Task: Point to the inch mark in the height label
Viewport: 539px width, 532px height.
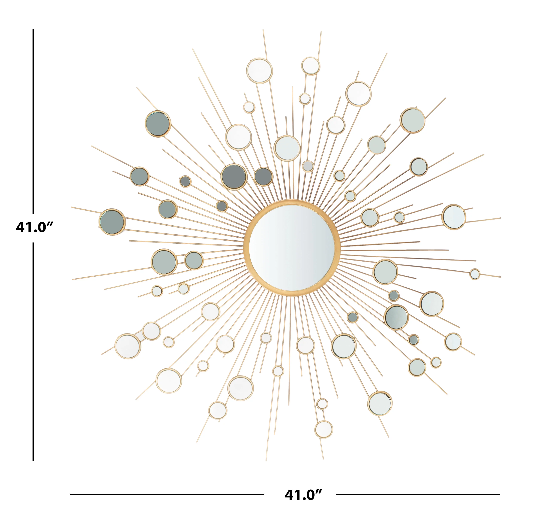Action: [50, 224]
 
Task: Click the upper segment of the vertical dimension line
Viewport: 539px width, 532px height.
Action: [33, 121]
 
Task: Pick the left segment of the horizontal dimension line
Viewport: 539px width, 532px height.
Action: [167, 494]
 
